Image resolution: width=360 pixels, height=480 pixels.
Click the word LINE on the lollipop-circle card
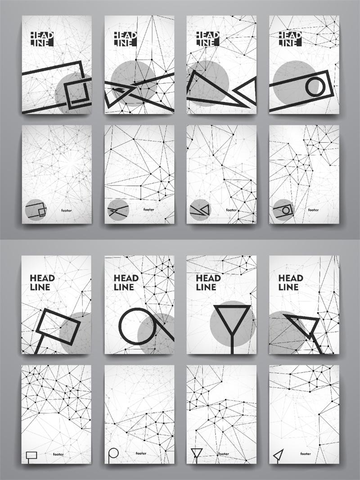pos(124,287)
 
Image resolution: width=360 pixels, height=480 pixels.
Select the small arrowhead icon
pos(278,455)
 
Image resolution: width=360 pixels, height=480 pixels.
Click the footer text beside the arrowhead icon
pos(305,454)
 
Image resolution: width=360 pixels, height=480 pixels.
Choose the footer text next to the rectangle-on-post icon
pos(58,454)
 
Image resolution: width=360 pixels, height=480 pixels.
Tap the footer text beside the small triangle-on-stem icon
pos(224,454)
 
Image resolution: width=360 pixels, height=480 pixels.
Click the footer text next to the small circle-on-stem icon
pos(141,453)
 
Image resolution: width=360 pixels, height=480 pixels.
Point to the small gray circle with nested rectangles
pos(36,210)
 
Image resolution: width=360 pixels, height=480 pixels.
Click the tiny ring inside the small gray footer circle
pos(286,210)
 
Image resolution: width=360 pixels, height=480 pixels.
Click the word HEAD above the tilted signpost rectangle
pos(42,278)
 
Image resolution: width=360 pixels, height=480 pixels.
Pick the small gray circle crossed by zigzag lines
pos(118,210)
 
